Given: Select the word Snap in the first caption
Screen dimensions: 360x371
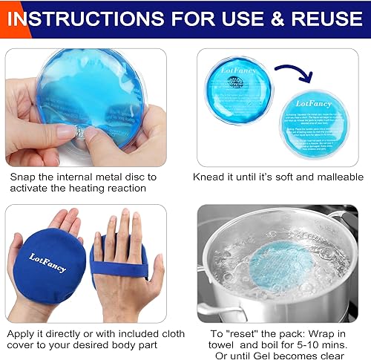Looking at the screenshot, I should coord(22,177).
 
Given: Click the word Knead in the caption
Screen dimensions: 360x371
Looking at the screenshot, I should coord(210,177).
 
